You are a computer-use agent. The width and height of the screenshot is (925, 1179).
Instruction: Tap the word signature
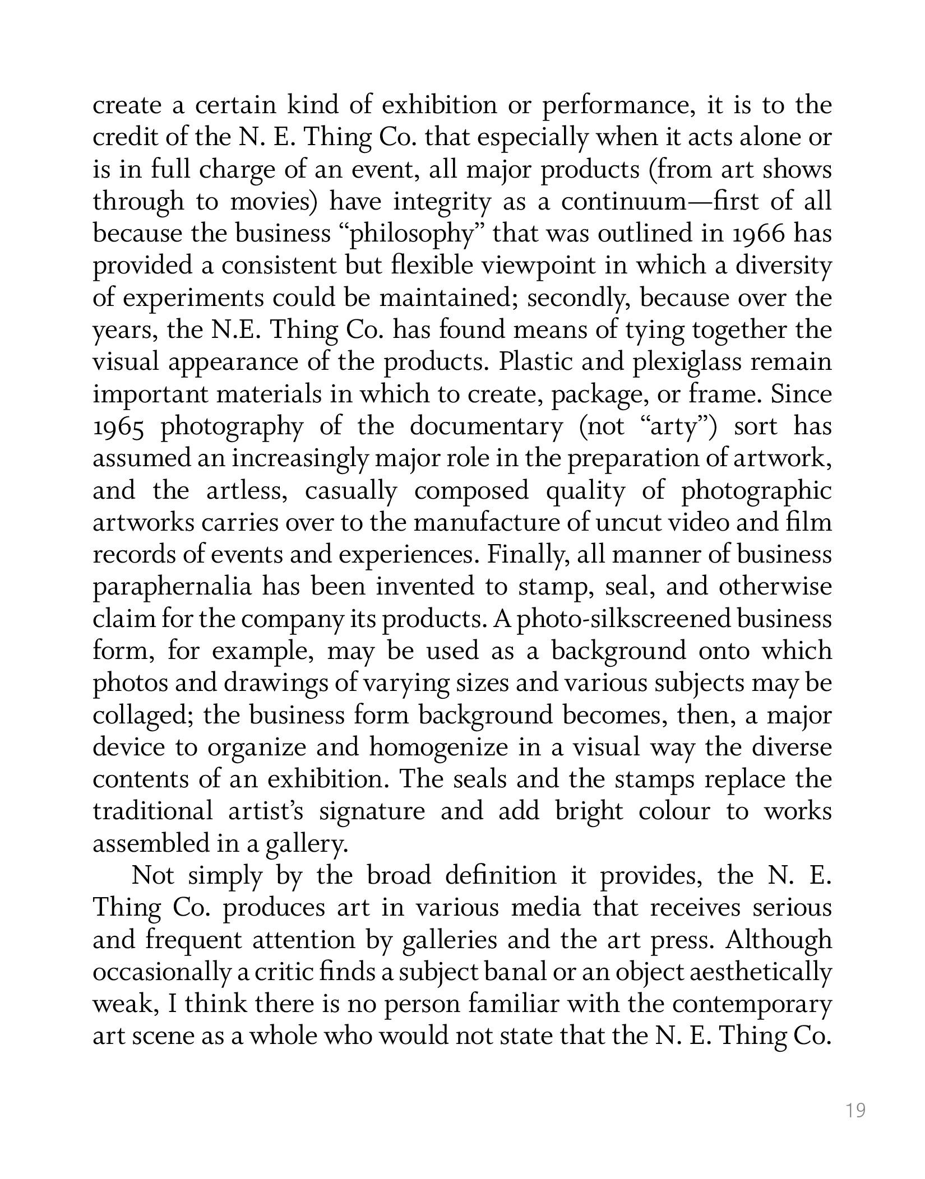(x=372, y=812)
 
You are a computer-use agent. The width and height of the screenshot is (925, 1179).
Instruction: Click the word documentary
(x=485, y=427)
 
